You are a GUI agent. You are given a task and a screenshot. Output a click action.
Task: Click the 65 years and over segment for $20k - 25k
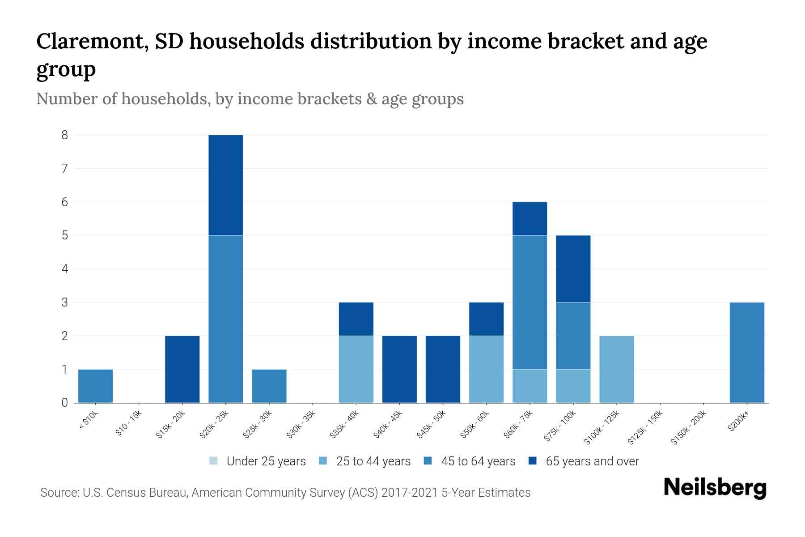[226, 185]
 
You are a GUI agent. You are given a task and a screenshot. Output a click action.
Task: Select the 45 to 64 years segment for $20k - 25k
[226, 319]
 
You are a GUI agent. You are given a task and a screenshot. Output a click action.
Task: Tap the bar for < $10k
[95, 386]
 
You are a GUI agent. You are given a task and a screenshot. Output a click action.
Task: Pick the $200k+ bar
[746, 352]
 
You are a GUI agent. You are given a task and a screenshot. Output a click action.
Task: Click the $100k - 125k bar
[616, 369]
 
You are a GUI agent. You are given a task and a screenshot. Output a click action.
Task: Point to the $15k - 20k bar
[182, 369]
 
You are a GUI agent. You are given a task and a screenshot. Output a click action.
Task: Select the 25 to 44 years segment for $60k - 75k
[530, 386]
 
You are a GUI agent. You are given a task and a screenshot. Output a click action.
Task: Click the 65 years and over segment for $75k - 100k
[573, 268]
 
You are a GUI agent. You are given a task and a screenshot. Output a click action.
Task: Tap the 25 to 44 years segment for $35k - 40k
[356, 369]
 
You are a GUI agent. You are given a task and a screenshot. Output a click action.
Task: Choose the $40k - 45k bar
[399, 369]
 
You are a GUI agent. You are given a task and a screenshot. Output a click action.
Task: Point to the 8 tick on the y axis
[65, 135]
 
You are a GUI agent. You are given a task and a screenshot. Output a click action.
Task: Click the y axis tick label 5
[65, 235]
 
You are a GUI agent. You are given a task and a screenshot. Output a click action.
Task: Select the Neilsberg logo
[715, 488]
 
